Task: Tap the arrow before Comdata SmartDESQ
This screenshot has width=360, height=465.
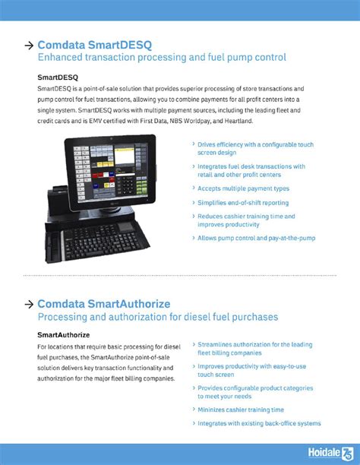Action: (x=29, y=45)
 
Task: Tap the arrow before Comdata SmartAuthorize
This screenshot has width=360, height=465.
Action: (x=29, y=304)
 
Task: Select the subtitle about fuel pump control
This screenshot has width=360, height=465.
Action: (x=161, y=58)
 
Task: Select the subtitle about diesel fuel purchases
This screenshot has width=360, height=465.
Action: (x=157, y=317)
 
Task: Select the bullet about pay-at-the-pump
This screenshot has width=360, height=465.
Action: (x=256, y=238)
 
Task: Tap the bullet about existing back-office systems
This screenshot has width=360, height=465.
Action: (x=259, y=423)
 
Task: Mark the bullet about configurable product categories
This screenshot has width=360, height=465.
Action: (x=254, y=391)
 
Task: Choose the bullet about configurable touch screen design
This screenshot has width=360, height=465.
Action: (x=254, y=148)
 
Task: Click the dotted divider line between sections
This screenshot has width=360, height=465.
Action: (x=179, y=275)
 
